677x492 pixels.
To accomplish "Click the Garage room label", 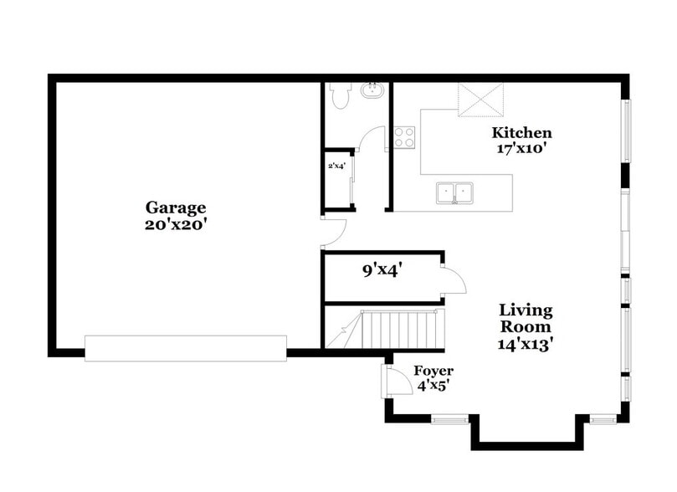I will [x=176, y=207].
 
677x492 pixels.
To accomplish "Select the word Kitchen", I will [x=521, y=132].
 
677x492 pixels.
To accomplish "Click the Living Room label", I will [x=526, y=318].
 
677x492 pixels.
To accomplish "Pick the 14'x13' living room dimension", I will [x=526, y=342].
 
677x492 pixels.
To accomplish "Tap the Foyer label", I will [x=433, y=371].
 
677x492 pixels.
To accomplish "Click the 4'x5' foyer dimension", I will [x=433, y=386].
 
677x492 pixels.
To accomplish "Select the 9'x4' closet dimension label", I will [x=383, y=269].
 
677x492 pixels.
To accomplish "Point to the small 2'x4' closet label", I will [x=336, y=166].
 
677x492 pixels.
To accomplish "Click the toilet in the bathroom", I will [x=338, y=97].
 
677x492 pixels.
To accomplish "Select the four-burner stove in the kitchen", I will [x=405, y=136].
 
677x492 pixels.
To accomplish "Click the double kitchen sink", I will [x=456, y=193].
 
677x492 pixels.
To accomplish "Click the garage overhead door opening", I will [x=186, y=348].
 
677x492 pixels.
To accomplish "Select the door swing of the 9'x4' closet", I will [x=454, y=279].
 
